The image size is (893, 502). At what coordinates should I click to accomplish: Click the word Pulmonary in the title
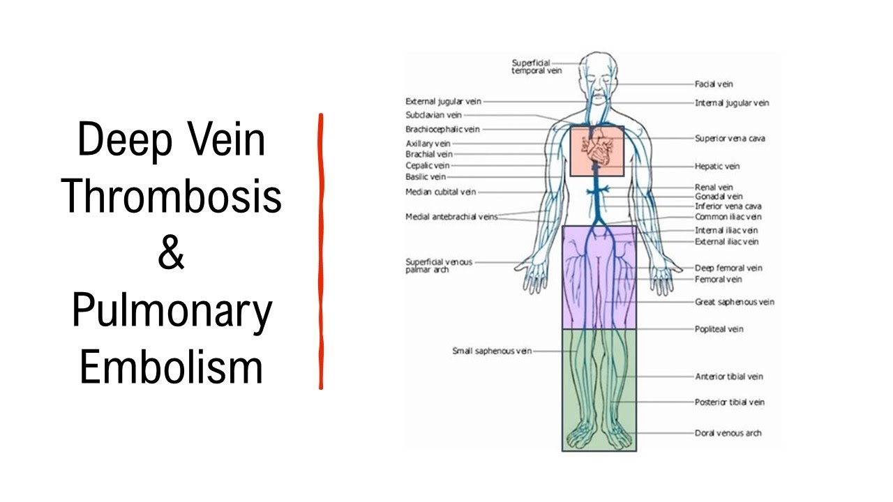click(172, 312)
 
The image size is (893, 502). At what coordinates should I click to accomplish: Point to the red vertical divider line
click(321, 251)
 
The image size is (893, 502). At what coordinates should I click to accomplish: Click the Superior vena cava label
click(729, 139)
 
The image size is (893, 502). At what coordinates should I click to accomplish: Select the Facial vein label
click(713, 84)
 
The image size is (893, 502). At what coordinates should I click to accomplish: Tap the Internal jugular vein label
click(731, 103)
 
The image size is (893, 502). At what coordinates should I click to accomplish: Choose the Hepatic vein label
click(716, 167)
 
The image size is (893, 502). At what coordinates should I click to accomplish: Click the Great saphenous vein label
click(734, 303)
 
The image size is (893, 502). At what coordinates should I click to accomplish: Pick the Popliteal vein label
click(719, 329)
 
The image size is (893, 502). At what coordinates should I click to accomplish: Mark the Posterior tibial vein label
click(729, 402)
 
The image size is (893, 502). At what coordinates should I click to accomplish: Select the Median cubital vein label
click(440, 192)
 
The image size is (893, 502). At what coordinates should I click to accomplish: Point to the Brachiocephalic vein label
click(442, 130)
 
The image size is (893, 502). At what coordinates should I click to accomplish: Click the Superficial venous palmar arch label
click(438, 266)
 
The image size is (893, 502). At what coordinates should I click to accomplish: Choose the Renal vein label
click(713, 188)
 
